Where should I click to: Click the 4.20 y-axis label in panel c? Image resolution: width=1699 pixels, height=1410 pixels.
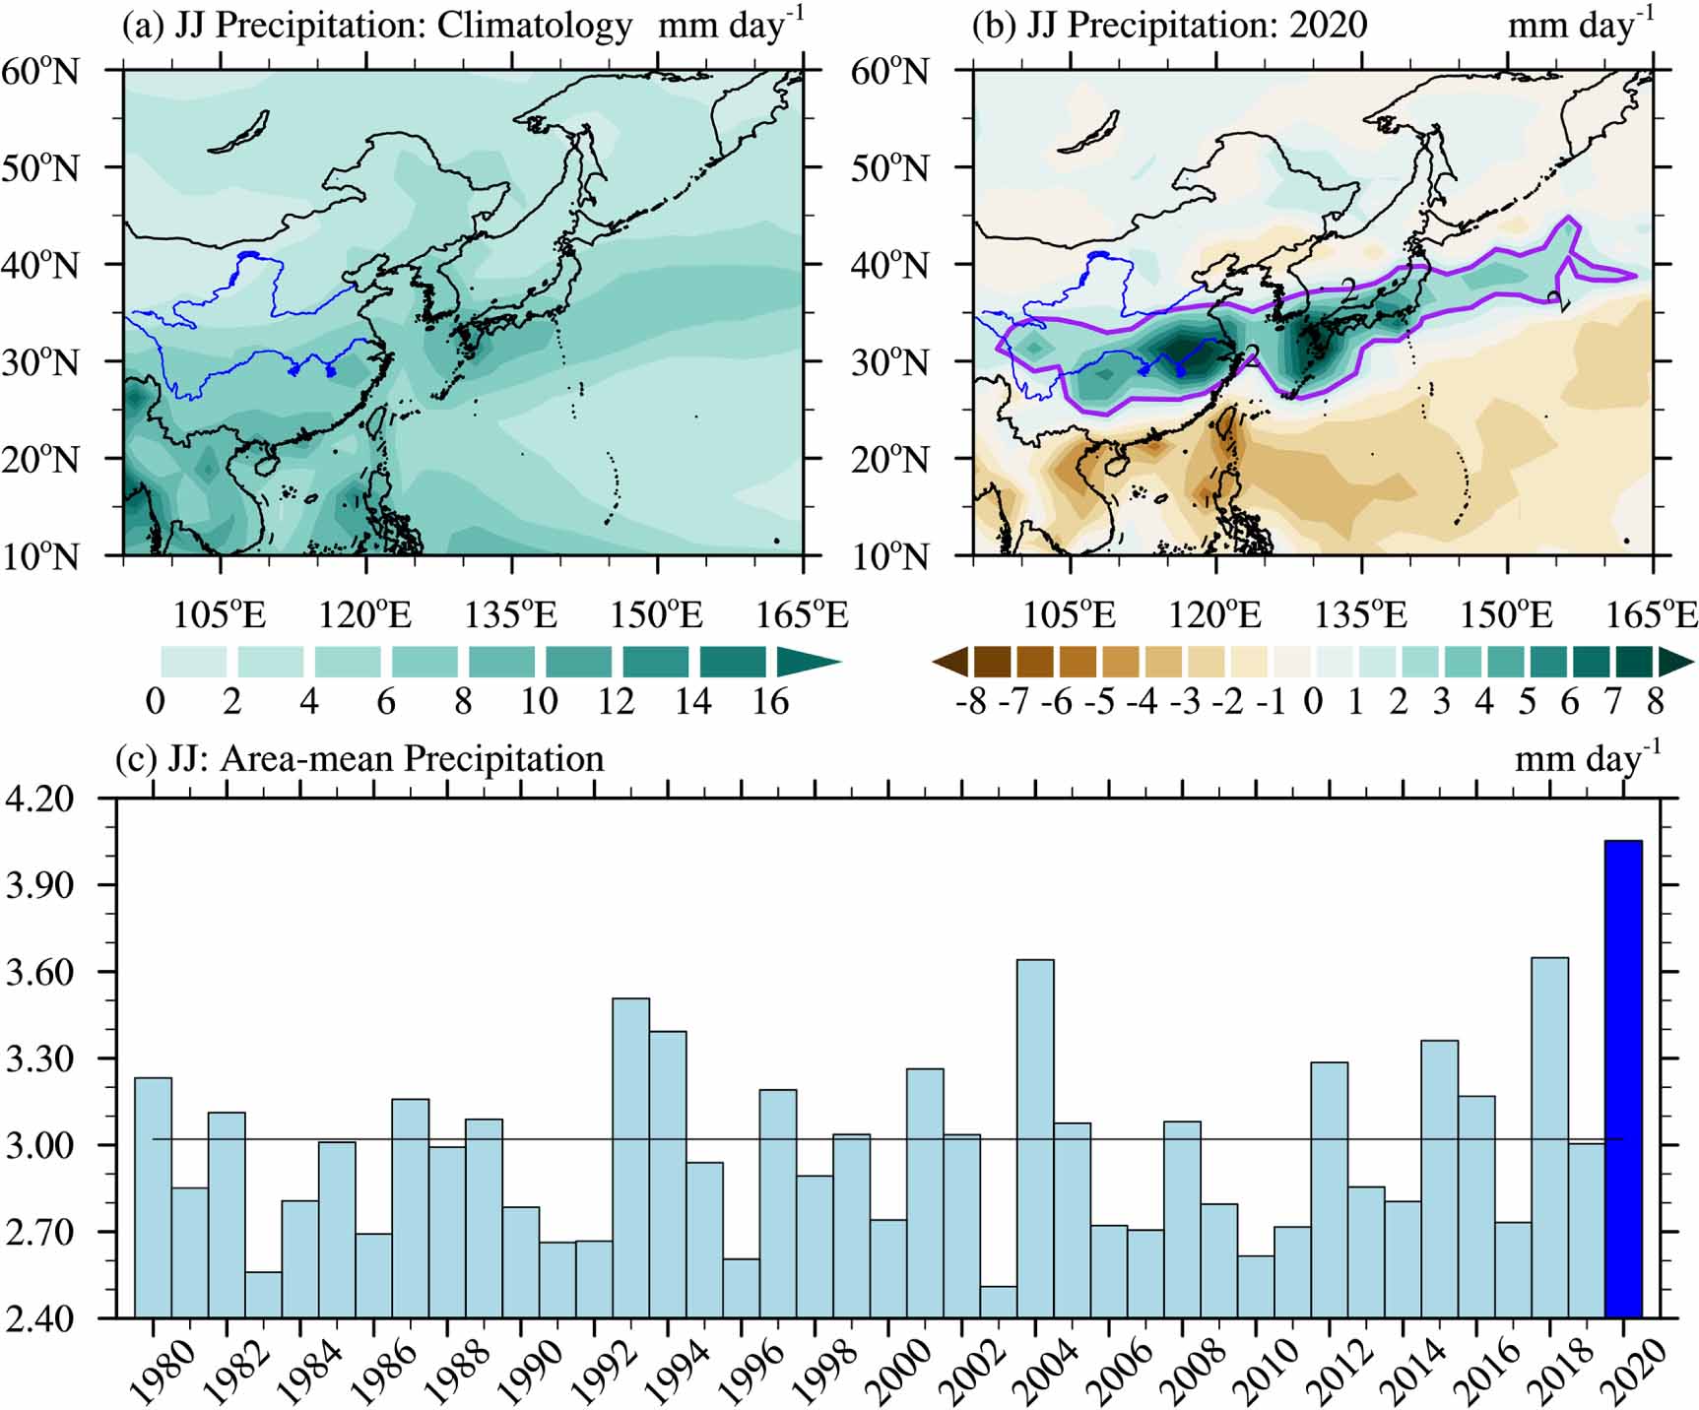tap(39, 799)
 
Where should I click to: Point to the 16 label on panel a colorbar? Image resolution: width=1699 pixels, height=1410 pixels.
tap(769, 701)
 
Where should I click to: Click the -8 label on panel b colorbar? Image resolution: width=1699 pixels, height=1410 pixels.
tap(970, 701)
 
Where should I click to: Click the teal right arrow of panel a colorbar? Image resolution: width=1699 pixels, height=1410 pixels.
tap(806, 662)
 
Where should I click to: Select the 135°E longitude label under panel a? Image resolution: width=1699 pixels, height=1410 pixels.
tap(510, 615)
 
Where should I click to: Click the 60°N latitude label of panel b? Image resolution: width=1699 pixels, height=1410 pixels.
tap(889, 72)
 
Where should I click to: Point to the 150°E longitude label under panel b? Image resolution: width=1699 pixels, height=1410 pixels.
tap(1506, 615)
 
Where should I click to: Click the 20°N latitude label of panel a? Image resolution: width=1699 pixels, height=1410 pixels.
tap(39, 460)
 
